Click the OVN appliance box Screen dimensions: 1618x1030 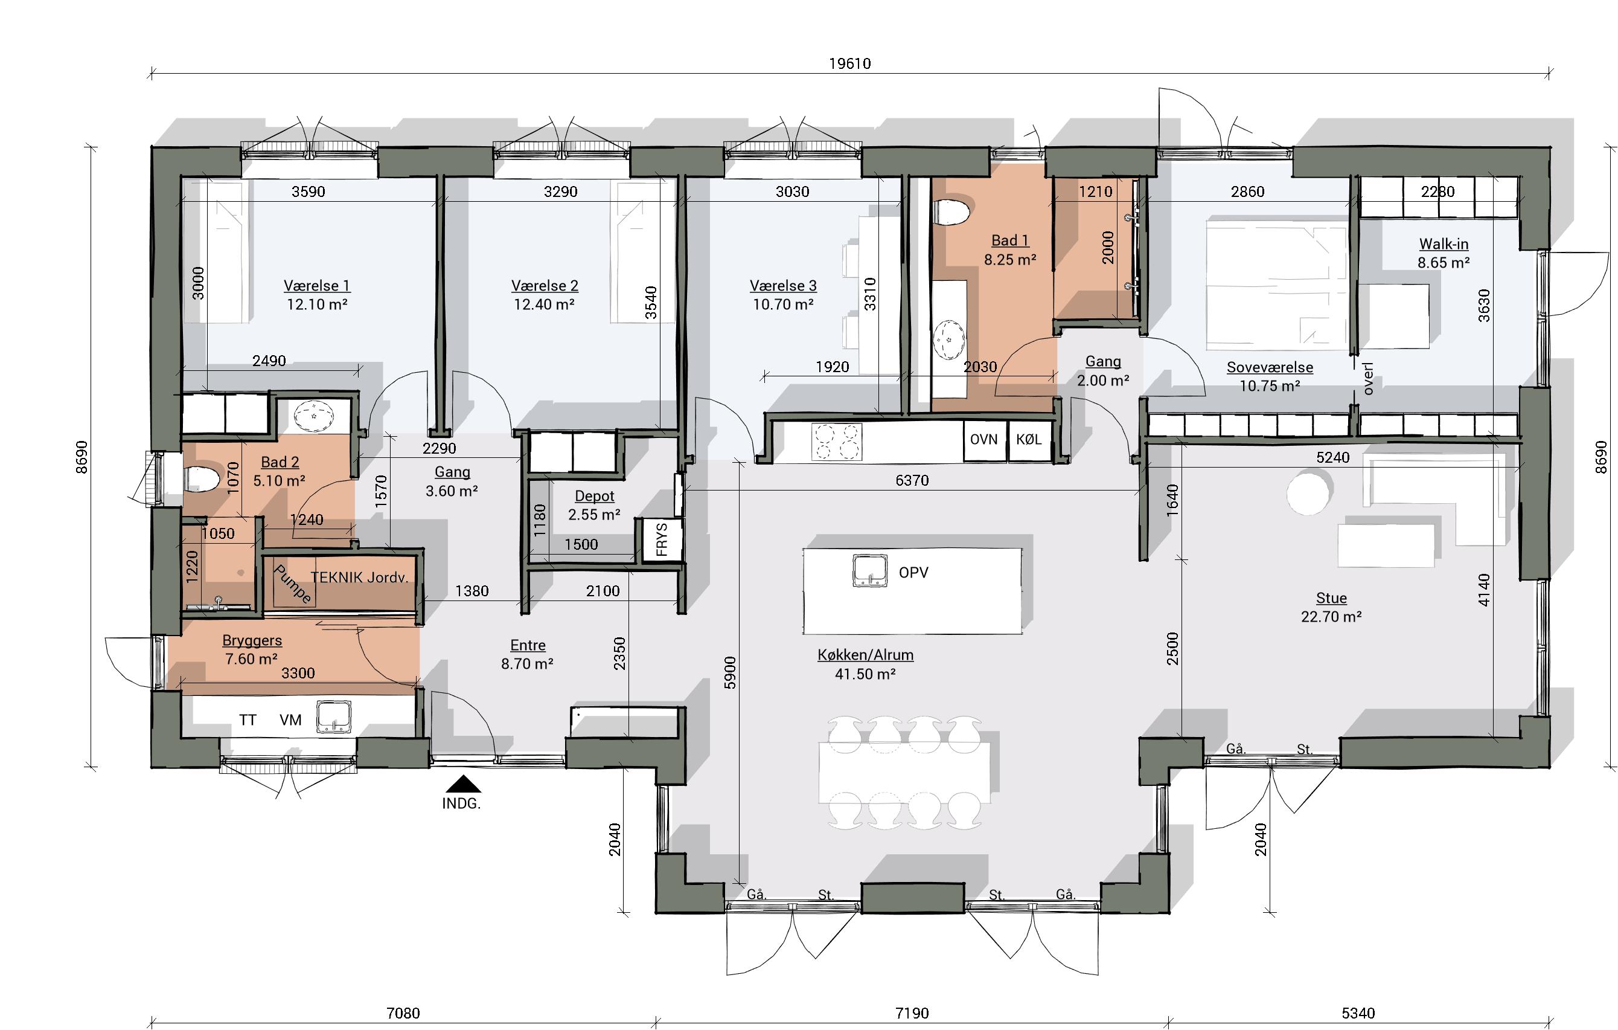tap(983, 440)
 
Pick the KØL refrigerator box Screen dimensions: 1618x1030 tap(1029, 440)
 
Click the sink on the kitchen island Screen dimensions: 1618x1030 tap(869, 571)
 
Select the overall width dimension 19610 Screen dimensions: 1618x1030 tap(850, 63)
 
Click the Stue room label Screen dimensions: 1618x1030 tap(1331, 597)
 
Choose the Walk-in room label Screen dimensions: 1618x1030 tap(1444, 244)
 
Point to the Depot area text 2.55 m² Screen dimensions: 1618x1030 tap(594, 515)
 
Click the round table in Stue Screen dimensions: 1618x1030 tap(1308, 493)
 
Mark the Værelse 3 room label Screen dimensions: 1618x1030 tap(784, 286)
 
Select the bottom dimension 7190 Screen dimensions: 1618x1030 tap(912, 1013)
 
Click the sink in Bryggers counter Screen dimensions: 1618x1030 tap(334, 716)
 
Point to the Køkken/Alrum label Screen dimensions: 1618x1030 tap(865, 655)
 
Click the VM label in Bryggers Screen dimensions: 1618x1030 tap(290, 720)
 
